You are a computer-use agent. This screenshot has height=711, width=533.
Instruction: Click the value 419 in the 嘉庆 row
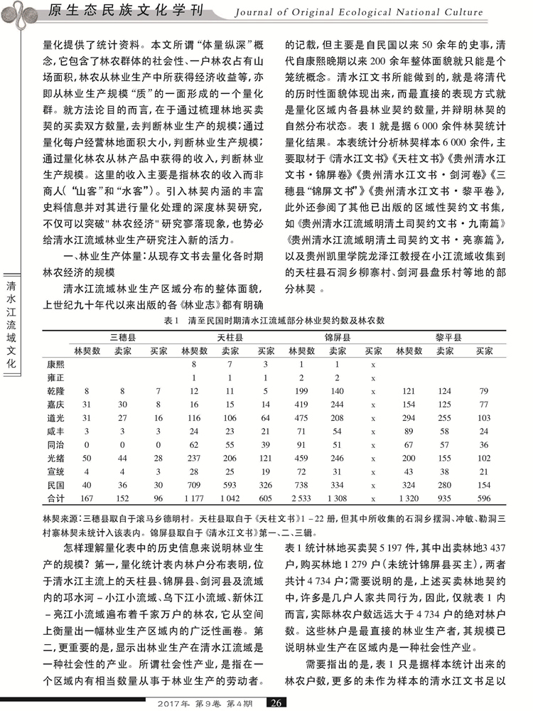pos(301,405)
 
